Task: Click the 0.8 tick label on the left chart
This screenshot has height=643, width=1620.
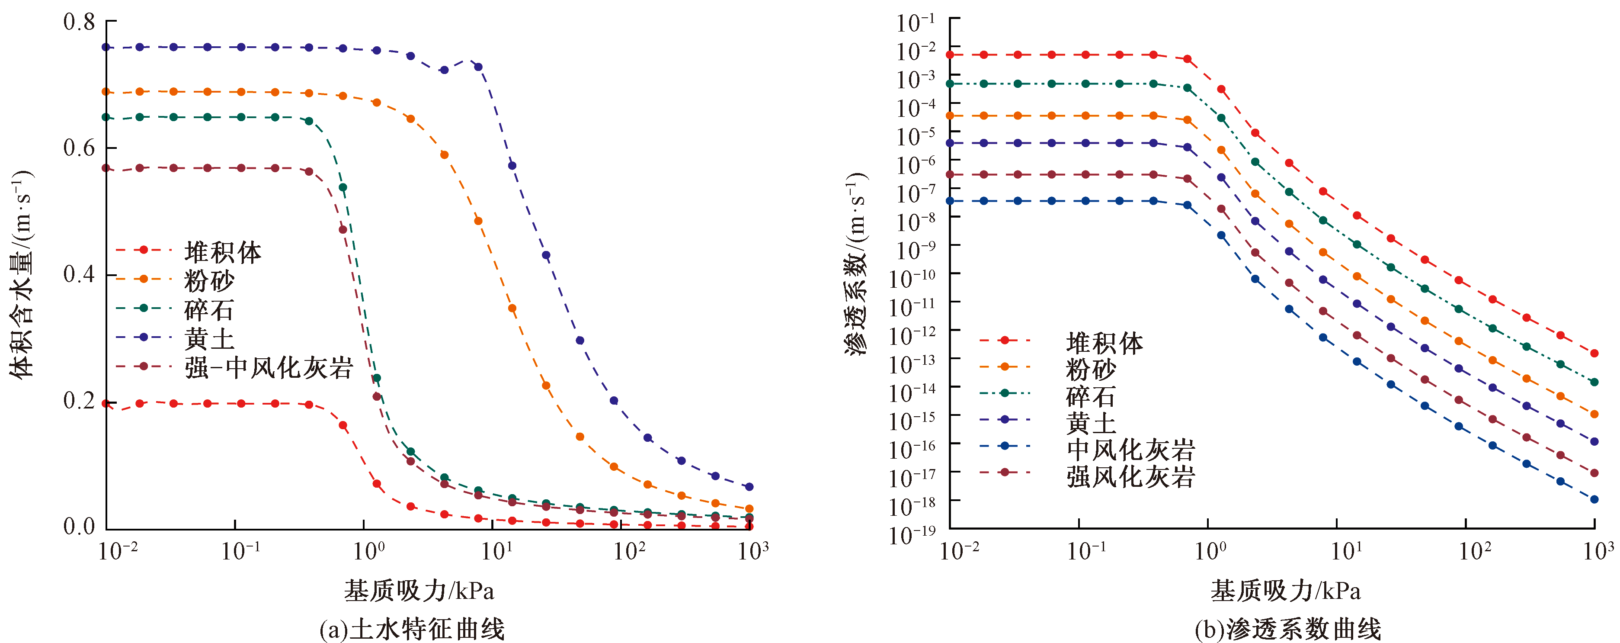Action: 79,23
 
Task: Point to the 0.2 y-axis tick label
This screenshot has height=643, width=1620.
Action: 79,401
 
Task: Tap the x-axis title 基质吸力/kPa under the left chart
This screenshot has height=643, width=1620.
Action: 419,590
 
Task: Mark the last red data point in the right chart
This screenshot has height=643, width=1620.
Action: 1594,354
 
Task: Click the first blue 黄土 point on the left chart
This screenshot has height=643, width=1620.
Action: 106,47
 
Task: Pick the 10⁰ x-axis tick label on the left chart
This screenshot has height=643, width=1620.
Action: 368,552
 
